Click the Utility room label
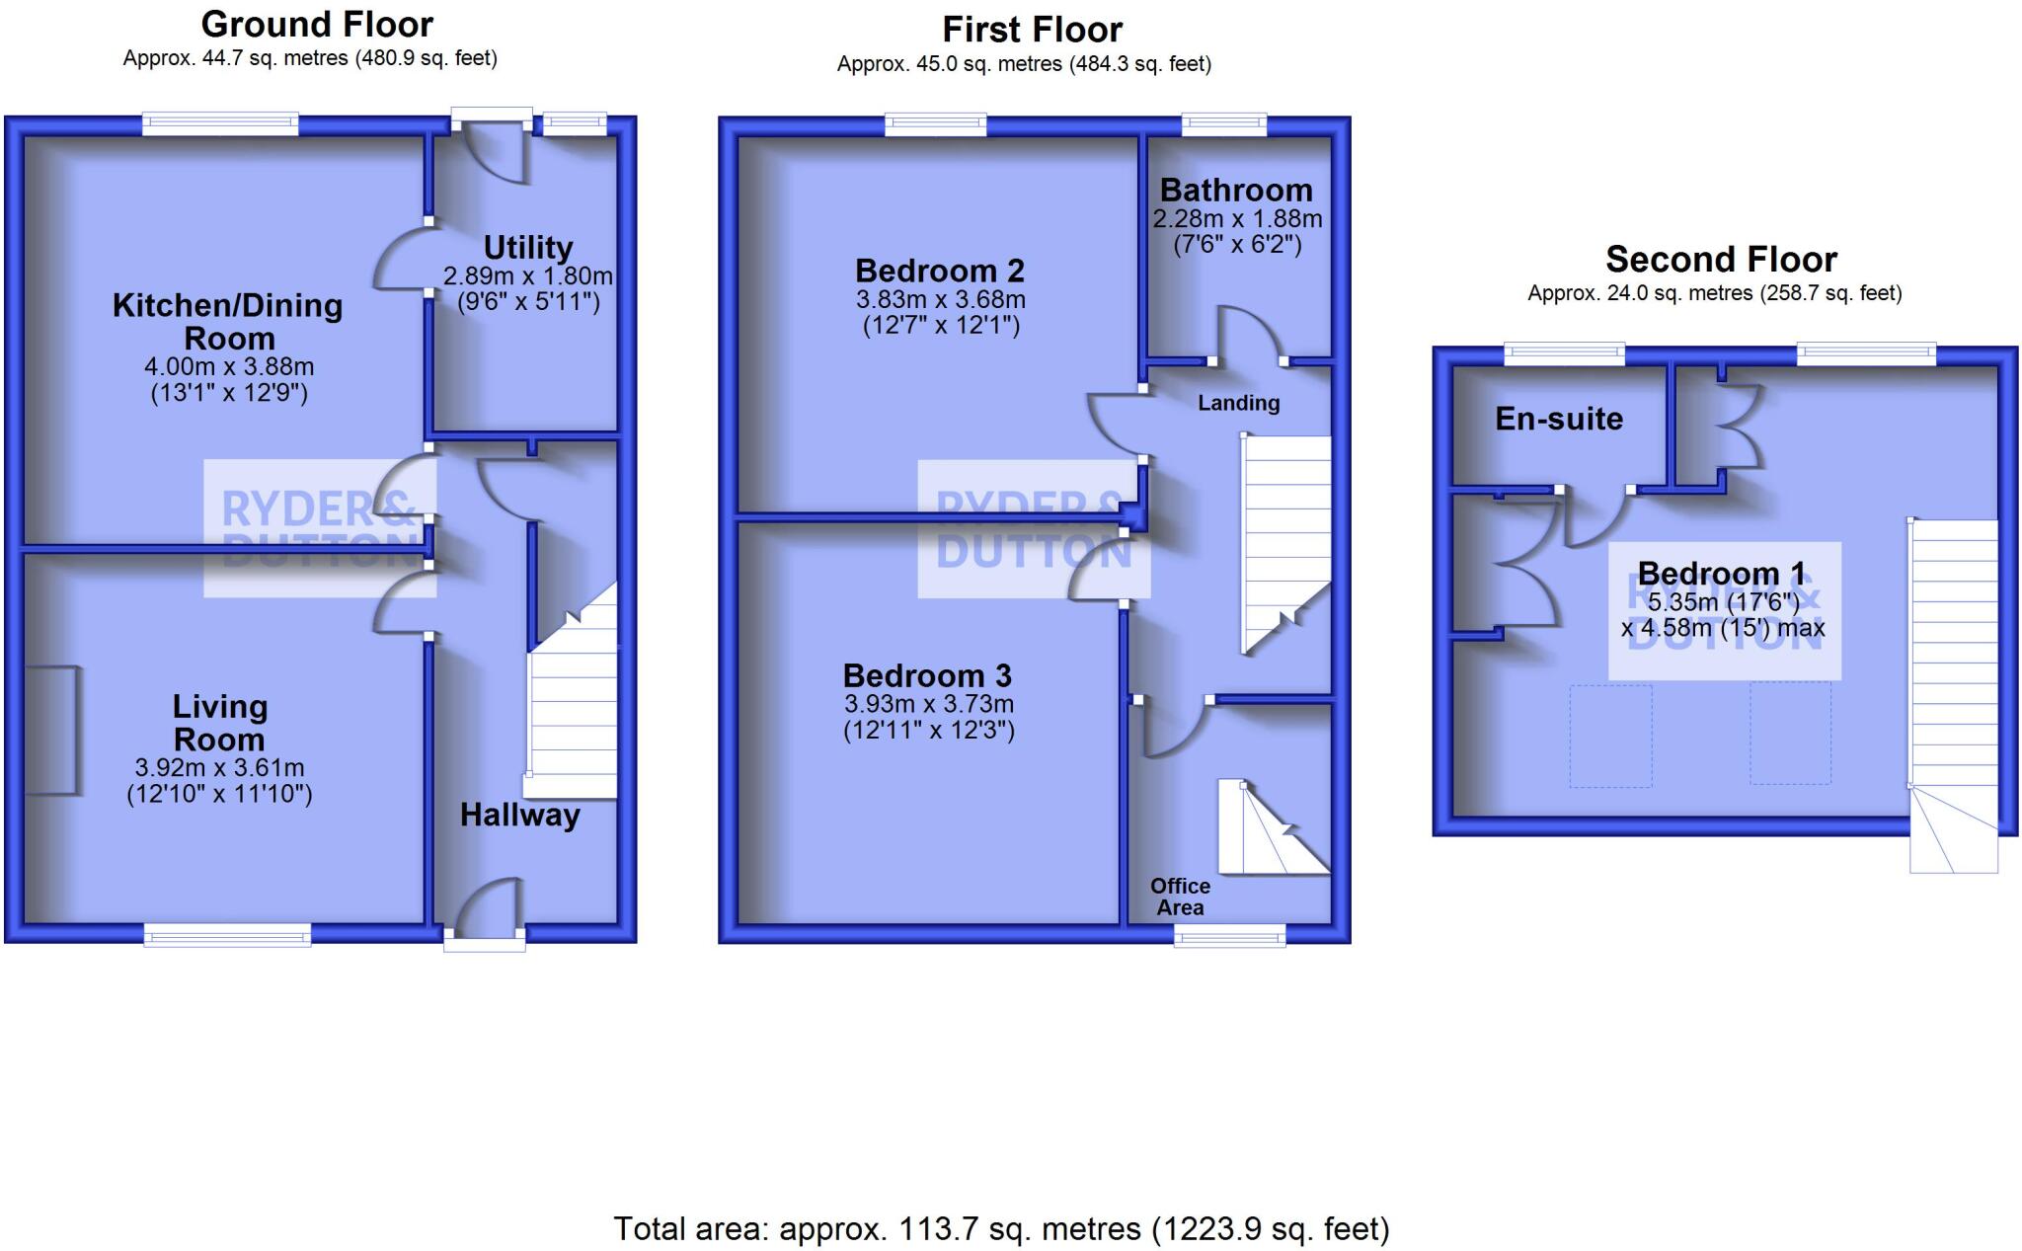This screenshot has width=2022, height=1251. (x=528, y=247)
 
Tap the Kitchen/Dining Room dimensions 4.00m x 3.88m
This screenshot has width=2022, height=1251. (x=229, y=366)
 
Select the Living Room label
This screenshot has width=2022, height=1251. (x=219, y=723)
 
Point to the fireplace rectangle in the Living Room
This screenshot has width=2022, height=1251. (x=51, y=730)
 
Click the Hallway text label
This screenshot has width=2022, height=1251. (x=519, y=816)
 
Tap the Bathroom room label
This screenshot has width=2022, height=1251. (x=1236, y=190)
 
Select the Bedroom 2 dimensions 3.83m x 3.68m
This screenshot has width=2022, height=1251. (x=940, y=299)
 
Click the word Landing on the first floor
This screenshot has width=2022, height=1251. (x=1238, y=403)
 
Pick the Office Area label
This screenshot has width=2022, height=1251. (x=1180, y=897)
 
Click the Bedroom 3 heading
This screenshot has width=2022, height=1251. (x=927, y=676)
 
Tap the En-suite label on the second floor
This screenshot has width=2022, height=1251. (x=1559, y=419)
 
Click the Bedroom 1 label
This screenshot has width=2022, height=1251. (x=1721, y=573)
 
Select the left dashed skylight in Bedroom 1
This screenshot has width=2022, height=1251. (x=1610, y=736)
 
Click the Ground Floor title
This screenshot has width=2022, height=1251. (x=317, y=24)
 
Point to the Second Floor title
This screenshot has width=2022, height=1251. (x=1721, y=260)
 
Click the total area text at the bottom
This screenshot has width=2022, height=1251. (x=1001, y=1229)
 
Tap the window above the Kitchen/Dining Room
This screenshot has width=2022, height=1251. (x=220, y=123)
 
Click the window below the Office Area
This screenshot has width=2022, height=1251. (x=1229, y=934)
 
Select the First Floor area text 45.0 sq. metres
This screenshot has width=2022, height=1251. (x=1024, y=65)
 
